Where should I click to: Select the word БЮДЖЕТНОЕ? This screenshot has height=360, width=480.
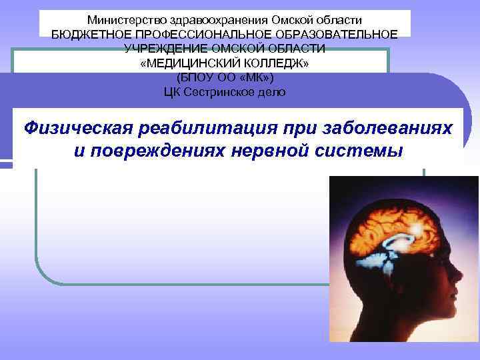pyautogui.click(x=85, y=35)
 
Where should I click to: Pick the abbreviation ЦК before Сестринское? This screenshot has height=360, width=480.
pyautogui.click(x=172, y=92)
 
